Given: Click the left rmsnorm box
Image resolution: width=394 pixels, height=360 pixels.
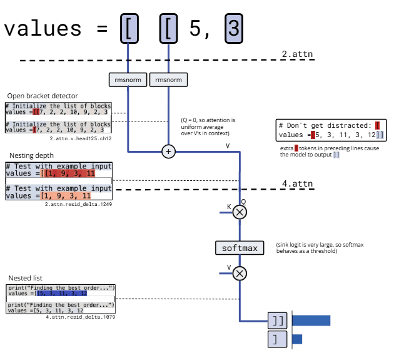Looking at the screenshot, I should (x=128, y=80).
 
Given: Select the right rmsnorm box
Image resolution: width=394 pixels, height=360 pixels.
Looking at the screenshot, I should (x=169, y=80).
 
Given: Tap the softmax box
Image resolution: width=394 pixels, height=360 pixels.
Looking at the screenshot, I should (x=239, y=248).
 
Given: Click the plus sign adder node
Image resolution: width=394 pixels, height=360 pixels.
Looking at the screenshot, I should (x=169, y=151).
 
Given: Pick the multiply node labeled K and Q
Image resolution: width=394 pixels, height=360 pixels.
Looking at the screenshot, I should (x=240, y=213).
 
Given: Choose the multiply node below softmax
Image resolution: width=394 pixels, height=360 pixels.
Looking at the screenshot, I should (x=240, y=273).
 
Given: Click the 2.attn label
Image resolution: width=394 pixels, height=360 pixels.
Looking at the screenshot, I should (x=297, y=54).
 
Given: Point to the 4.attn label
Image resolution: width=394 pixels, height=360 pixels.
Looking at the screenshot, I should (x=297, y=183).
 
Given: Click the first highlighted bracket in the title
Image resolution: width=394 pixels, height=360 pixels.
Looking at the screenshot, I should (x=128, y=28).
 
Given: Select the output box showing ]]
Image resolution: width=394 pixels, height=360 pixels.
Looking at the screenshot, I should (x=278, y=321).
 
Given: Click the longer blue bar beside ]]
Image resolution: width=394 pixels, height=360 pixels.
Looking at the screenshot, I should (x=311, y=321).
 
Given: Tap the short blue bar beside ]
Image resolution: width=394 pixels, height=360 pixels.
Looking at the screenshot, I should (x=297, y=339).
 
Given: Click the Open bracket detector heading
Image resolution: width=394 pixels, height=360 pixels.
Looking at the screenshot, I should (x=43, y=95).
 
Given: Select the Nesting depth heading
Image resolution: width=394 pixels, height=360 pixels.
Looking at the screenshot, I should (x=31, y=155).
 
